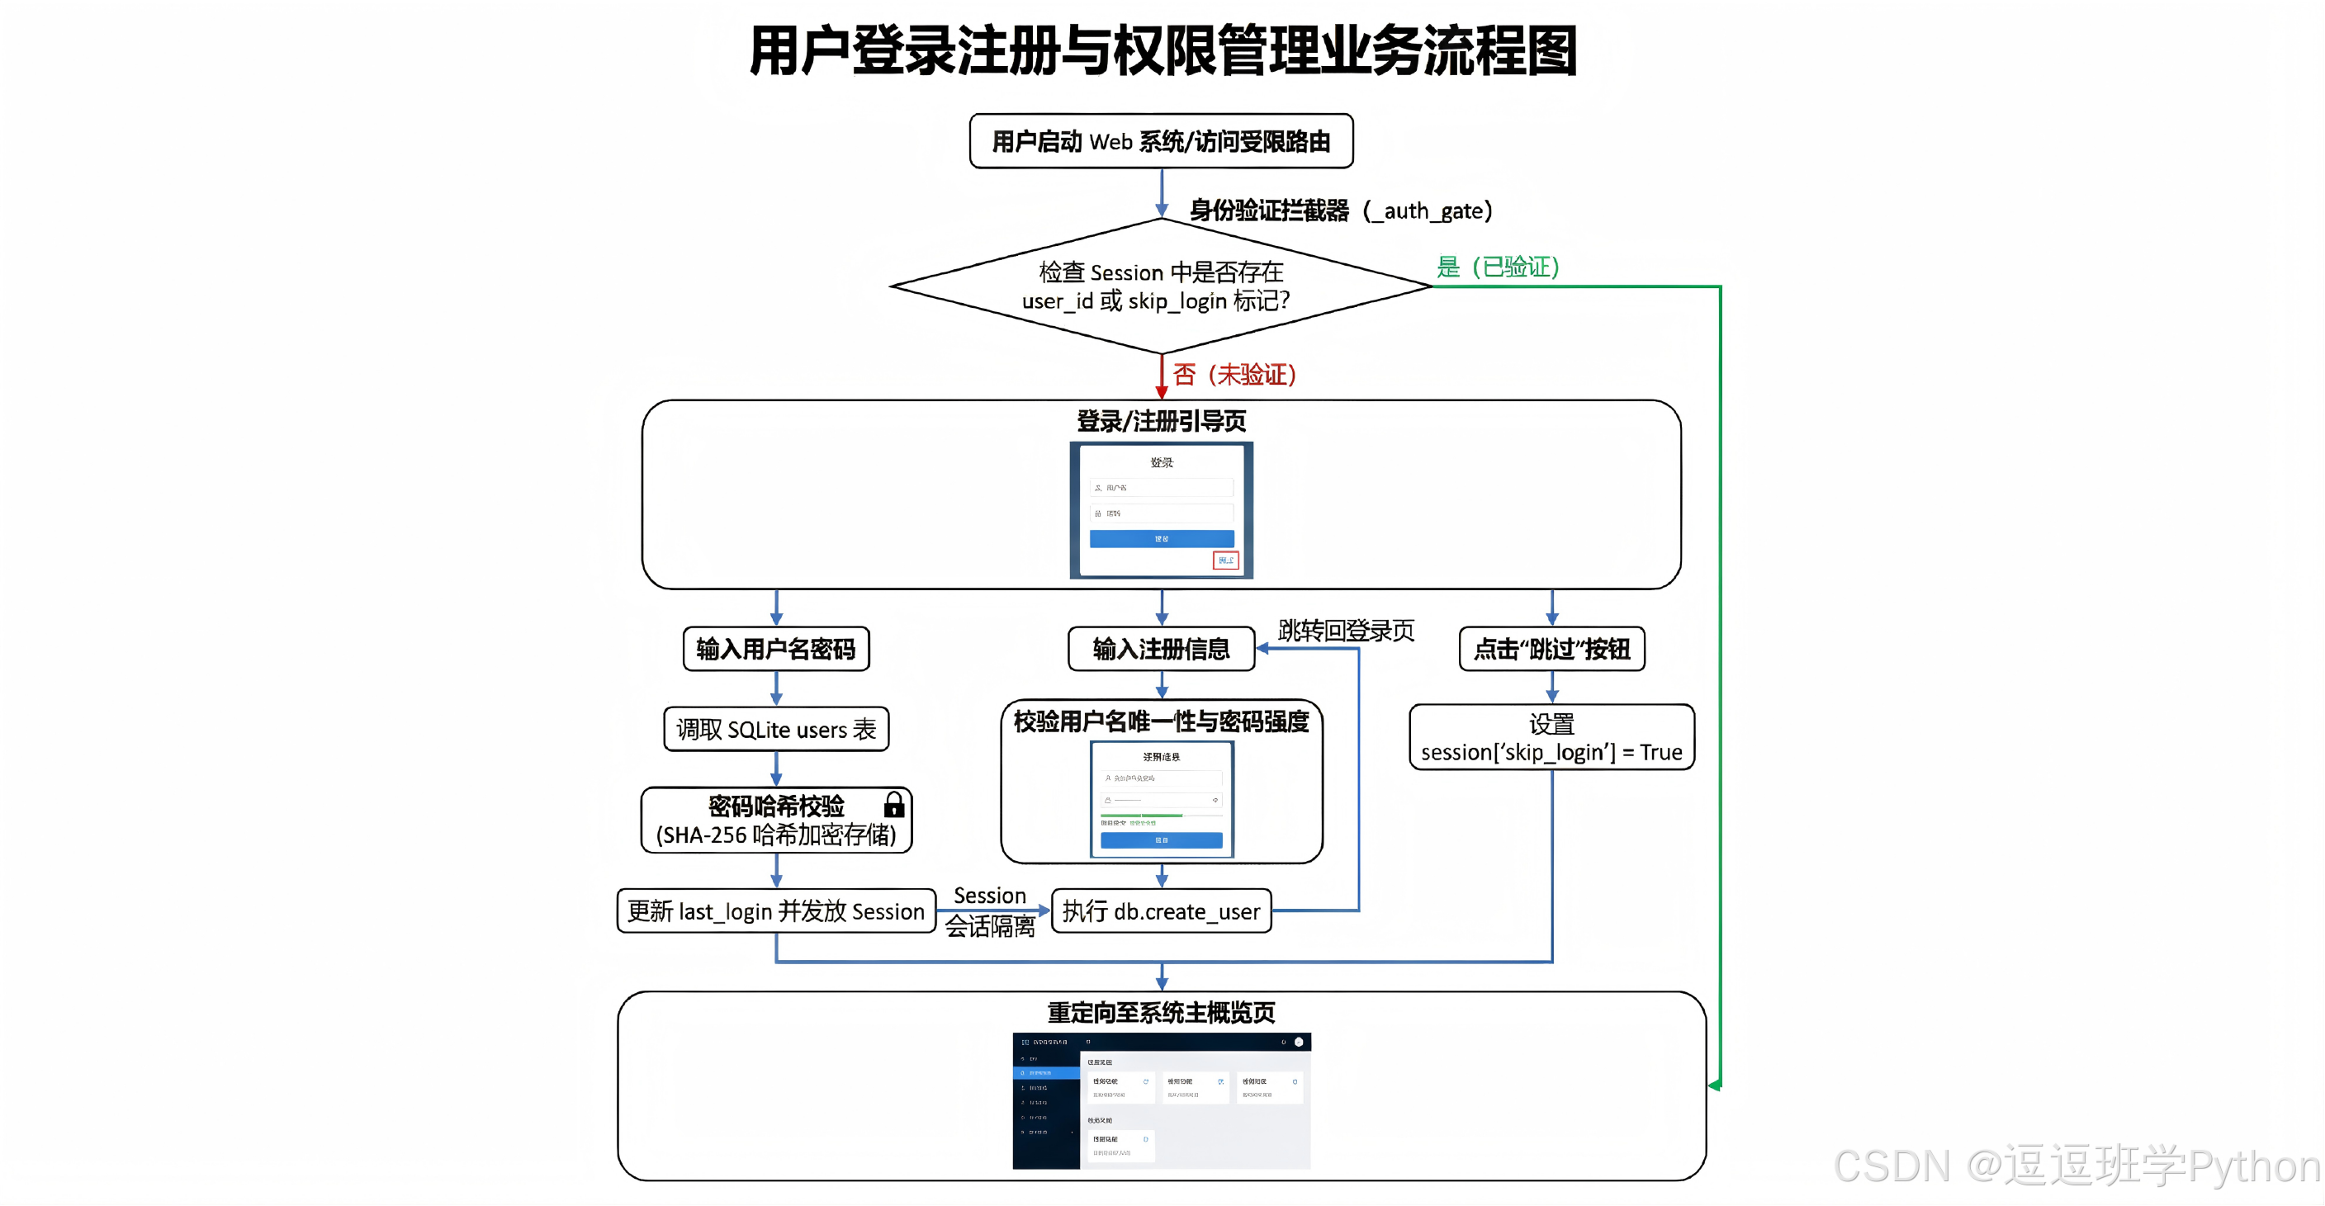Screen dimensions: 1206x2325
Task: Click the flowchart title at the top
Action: point(1162,50)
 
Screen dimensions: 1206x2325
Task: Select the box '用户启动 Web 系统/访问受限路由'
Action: point(1161,142)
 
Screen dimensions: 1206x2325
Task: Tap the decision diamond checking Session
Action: point(1161,286)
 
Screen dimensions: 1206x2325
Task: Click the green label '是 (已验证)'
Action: point(1498,267)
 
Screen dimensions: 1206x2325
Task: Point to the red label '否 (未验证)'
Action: point(1234,374)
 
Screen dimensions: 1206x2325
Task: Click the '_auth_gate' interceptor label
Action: point(1340,210)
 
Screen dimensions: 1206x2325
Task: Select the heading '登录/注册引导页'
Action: point(1161,421)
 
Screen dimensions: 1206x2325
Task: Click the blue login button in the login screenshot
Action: point(1161,539)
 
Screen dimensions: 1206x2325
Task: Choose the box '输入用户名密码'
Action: point(776,649)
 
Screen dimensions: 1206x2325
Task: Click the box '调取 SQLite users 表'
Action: point(776,730)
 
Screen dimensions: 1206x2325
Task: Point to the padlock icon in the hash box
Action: point(893,803)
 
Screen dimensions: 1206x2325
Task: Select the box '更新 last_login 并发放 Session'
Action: point(776,911)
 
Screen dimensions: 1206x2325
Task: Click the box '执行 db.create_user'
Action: point(1161,911)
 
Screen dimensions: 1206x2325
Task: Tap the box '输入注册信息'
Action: point(1161,649)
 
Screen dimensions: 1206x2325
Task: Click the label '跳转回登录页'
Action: point(1346,630)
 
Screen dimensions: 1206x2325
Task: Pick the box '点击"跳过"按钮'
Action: point(1551,649)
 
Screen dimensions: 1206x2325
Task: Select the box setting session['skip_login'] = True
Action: point(1551,737)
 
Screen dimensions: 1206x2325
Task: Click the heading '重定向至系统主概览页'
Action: point(1161,1013)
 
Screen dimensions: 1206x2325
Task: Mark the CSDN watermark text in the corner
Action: point(2076,1166)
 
